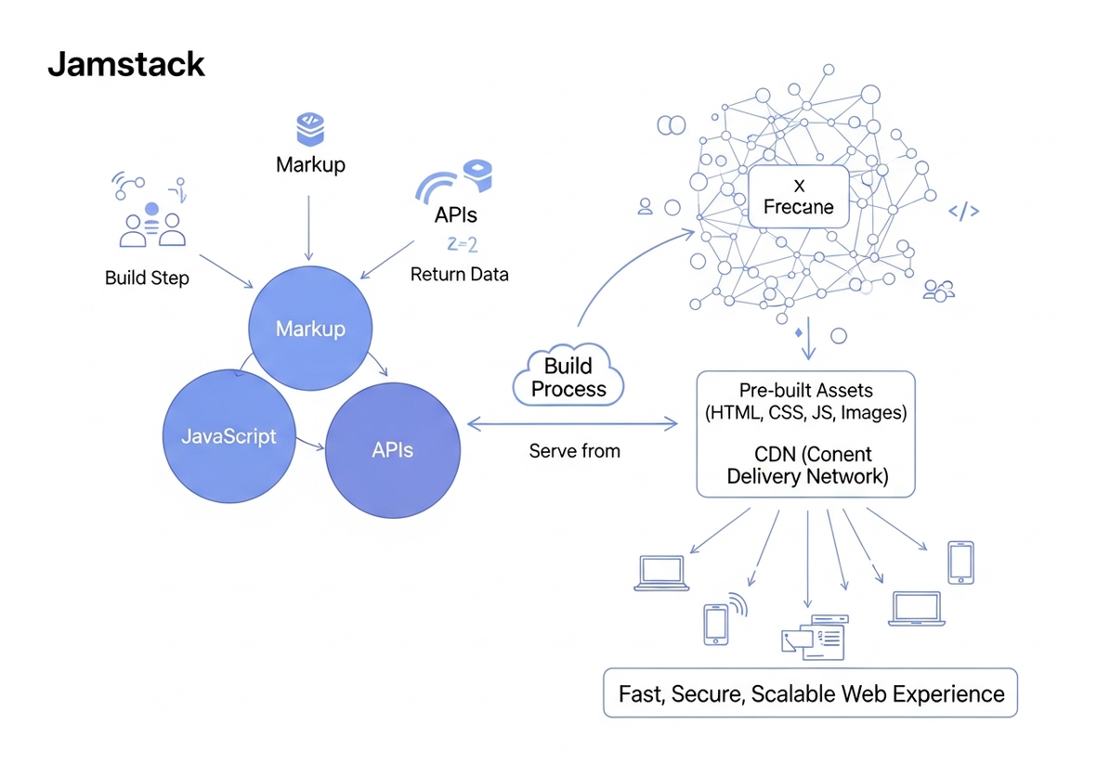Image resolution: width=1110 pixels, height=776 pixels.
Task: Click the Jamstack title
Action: coord(126,65)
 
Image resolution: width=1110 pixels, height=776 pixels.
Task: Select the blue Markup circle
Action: coord(310,330)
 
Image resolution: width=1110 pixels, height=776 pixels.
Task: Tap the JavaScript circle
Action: coord(229,436)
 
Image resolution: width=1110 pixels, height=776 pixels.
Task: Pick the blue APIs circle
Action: coord(392,451)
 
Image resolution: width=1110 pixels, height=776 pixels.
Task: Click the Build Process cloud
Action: coord(568,377)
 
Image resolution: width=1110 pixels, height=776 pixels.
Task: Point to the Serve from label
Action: coord(574,451)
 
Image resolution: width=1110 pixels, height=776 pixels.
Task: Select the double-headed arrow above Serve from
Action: coord(572,425)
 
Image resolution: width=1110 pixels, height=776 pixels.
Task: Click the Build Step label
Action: coord(147,278)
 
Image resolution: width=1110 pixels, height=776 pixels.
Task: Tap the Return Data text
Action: coord(459,275)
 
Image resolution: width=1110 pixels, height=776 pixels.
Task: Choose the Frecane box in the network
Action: coord(799,197)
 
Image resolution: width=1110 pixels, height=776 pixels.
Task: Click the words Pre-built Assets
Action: coord(805,391)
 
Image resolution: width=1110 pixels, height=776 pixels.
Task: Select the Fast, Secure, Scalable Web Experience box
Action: coord(811,693)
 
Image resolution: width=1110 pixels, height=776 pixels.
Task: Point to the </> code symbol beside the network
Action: coord(963,212)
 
